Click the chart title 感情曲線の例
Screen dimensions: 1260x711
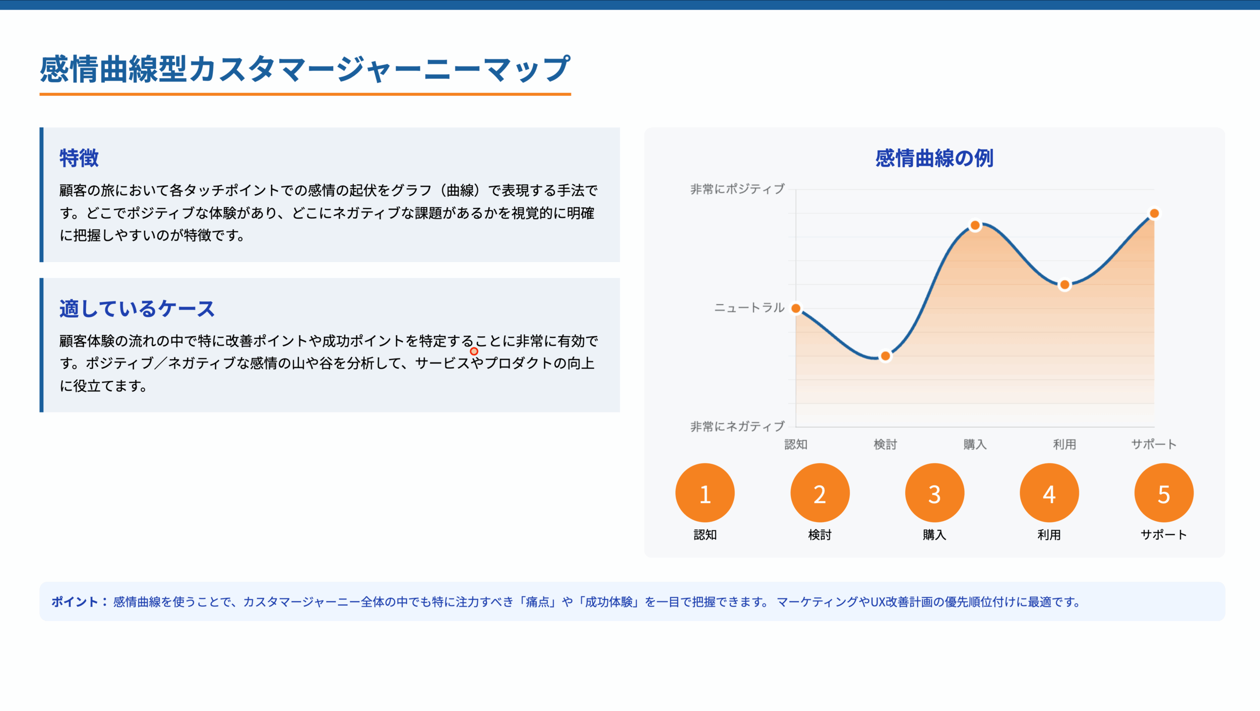(x=934, y=158)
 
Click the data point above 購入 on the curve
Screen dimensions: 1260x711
(x=975, y=226)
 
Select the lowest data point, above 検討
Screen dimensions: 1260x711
(x=885, y=356)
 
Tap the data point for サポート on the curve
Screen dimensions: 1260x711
(x=1154, y=213)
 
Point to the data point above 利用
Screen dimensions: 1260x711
(x=1065, y=285)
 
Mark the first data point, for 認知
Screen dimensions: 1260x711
(x=796, y=308)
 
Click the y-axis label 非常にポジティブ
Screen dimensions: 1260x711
(x=737, y=189)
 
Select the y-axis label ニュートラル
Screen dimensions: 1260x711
(x=749, y=308)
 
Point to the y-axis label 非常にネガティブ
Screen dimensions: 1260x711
(x=737, y=426)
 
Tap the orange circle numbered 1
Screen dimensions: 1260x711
(x=705, y=493)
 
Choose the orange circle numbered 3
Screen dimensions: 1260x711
(x=934, y=493)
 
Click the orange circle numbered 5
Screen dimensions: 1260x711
(x=1164, y=493)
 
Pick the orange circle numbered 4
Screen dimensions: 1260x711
(x=1049, y=493)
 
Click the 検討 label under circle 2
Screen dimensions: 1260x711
(x=819, y=535)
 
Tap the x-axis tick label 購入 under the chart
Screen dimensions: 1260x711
(x=975, y=444)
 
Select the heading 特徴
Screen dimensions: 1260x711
(x=79, y=158)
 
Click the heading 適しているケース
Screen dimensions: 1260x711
(x=137, y=309)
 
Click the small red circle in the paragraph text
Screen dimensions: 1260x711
(x=474, y=351)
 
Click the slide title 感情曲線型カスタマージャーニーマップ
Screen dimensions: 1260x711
(x=305, y=69)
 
